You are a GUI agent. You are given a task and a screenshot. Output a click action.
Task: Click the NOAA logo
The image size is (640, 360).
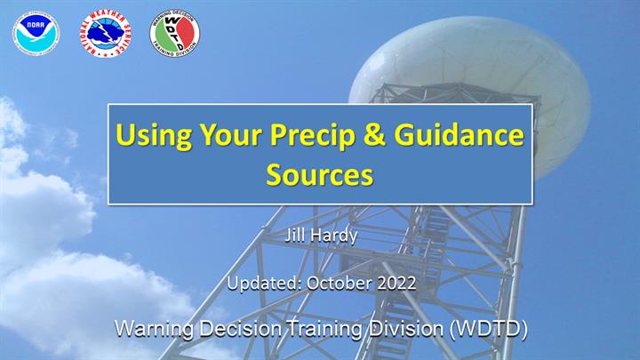(36, 34)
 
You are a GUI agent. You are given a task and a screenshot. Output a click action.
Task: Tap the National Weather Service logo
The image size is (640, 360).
(105, 34)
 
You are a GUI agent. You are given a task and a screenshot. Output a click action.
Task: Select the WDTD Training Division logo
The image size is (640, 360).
(174, 34)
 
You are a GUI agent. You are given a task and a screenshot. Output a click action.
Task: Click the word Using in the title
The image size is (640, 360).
(154, 135)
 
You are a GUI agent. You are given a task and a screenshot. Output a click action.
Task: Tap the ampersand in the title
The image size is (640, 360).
(374, 135)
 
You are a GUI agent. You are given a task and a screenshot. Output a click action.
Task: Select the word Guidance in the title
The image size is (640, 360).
(459, 135)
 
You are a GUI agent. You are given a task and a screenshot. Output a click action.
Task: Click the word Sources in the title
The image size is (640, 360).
(320, 174)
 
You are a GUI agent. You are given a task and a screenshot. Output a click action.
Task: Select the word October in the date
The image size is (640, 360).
(340, 283)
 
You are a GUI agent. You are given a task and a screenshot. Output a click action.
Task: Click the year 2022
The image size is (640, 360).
(396, 283)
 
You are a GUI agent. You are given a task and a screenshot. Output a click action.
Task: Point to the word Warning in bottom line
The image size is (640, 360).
(154, 329)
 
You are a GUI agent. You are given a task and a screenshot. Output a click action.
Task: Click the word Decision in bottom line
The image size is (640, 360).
(240, 328)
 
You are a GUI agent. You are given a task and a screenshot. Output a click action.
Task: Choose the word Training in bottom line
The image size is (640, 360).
(324, 329)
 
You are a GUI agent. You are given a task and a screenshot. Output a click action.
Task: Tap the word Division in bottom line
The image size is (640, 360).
(406, 328)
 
